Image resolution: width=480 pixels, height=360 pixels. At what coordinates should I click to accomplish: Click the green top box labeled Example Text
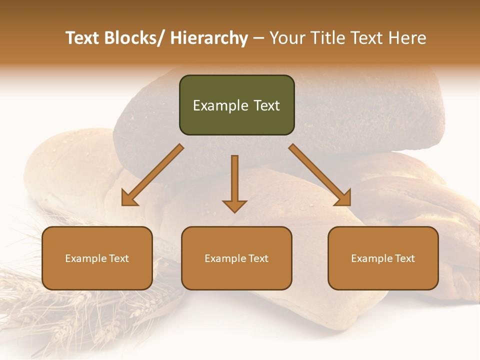(236, 105)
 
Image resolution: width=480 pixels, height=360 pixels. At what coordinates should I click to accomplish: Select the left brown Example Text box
(97, 258)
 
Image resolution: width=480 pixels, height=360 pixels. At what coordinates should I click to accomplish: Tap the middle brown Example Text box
(236, 258)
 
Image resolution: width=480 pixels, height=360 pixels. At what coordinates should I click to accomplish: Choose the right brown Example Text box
(383, 258)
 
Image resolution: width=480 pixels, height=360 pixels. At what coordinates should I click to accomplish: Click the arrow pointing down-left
(152, 175)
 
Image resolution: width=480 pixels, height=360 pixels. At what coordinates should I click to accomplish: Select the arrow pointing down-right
(320, 175)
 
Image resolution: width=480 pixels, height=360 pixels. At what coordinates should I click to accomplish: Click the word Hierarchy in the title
(208, 38)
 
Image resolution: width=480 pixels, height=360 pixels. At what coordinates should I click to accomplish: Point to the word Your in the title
(286, 38)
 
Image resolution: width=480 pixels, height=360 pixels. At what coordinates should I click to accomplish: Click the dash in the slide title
(258, 38)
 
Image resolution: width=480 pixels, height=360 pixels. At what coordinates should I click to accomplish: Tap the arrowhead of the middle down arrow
(234, 205)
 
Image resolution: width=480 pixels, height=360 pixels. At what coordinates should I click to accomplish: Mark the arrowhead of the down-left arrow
(129, 199)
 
